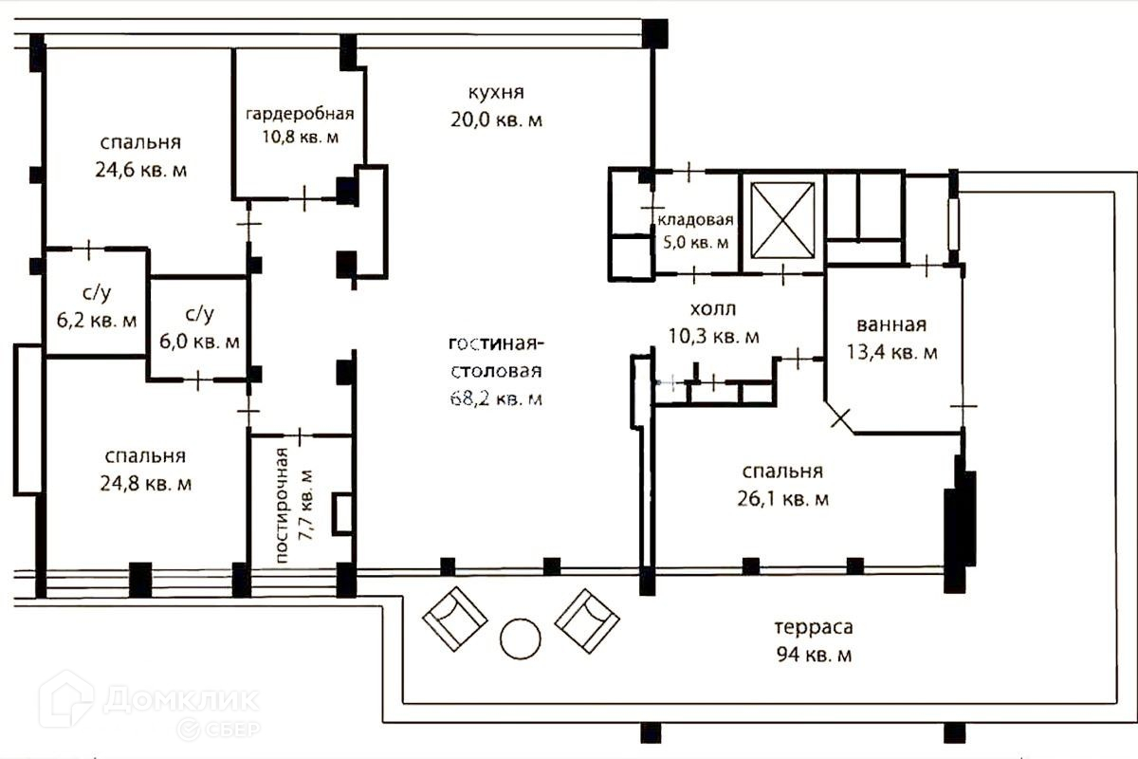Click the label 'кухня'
click(495, 93)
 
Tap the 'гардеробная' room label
click(300, 115)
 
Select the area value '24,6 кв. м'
click(141, 171)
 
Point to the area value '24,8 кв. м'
click(146, 483)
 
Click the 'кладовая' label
click(695, 221)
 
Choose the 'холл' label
click(712, 308)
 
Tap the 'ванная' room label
click(890, 325)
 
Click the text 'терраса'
click(813, 627)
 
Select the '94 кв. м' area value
click(813, 655)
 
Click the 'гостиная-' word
click(496, 343)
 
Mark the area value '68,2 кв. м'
click(496, 398)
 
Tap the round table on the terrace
click(520, 639)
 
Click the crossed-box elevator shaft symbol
click(782, 219)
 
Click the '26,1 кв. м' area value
click(783, 499)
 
